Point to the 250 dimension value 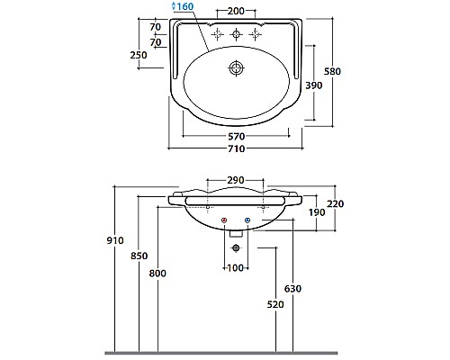pyautogui.click(x=139, y=56)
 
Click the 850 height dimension pyautogui.click(x=139, y=256)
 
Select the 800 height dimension pyautogui.click(x=159, y=273)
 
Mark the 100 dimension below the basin pyautogui.click(x=236, y=268)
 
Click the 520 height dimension pyautogui.click(x=274, y=305)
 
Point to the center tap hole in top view pyautogui.click(x=237, y=36)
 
